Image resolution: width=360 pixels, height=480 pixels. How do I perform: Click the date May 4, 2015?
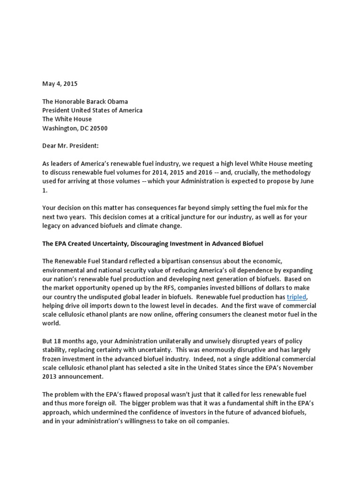[60, 84]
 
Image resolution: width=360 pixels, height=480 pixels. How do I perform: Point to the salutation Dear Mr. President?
[70, 146]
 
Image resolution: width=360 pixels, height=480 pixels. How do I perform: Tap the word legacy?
[52, 225]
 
